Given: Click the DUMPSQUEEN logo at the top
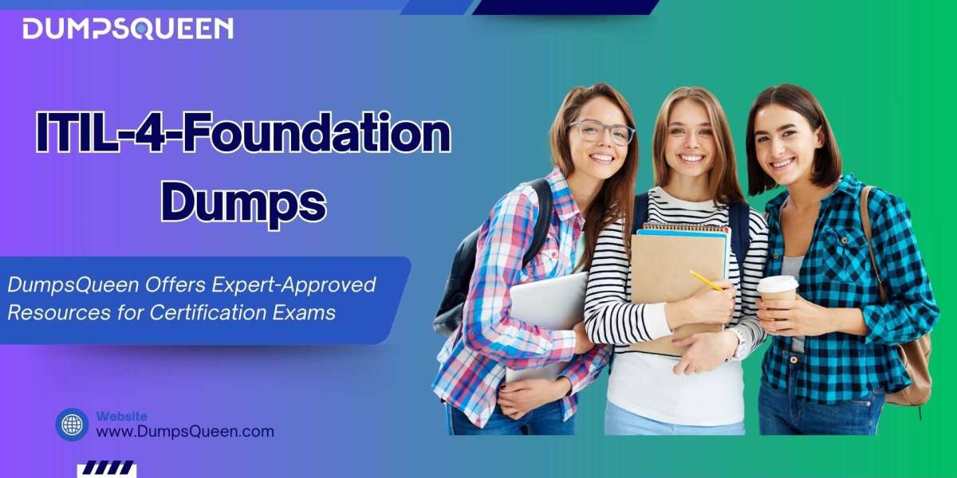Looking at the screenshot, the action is (x=128, y=29).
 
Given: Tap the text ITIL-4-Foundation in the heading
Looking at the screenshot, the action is (x=243, y=132).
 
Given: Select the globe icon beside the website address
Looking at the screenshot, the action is (x=73, y=425).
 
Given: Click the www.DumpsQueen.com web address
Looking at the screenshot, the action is (x=185, y=432).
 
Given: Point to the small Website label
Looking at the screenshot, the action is (x=121, y=416).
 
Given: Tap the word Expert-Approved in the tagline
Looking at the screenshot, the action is (x=293, y=285).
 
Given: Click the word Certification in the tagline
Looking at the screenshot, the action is (x=208, y=312).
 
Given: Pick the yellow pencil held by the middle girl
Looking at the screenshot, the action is (x=706, y=280).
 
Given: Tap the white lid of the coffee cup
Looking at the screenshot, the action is (x=778, y=284).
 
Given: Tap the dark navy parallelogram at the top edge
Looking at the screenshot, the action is (x=566, y=7).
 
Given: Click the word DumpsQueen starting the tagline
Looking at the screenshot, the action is (x=73, y=285).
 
